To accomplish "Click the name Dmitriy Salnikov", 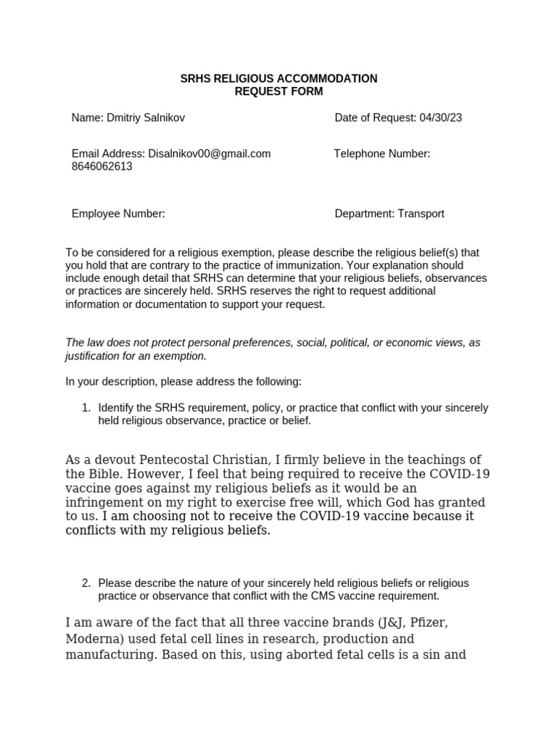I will (x=151, y=117).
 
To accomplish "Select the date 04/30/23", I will (x=440, y=117).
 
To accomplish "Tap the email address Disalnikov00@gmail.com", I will (x=210, y=154).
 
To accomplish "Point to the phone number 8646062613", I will (x=102, y=166).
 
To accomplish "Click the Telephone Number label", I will (x=382, y=154).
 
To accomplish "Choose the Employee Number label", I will (x=118, y=214).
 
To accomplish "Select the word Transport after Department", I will (x=420, y=214).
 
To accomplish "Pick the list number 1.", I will (x=86, y=408).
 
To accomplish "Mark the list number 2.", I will (x=86, y=583).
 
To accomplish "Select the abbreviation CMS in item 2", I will (x=341, y=596).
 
